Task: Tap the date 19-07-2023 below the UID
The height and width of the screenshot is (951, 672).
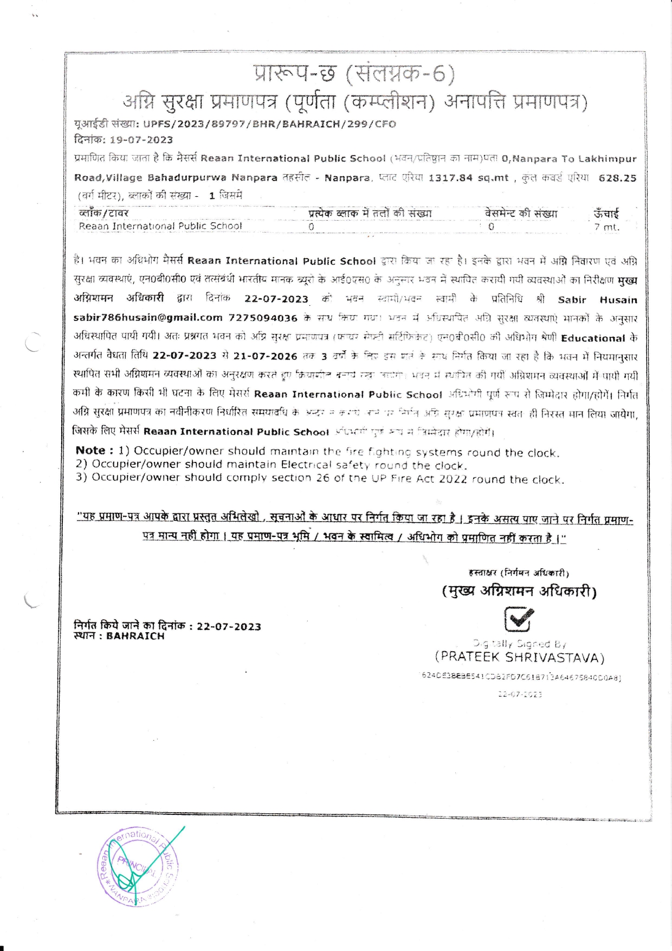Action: [x=141, y=140]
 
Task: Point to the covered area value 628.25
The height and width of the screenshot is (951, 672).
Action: [x=617, y=178]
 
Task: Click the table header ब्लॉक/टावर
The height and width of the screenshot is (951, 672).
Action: [x=104, y=213]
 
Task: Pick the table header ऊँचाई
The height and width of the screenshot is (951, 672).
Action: [x=606, y=214]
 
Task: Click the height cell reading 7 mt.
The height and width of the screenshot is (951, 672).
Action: [x=606, y=227]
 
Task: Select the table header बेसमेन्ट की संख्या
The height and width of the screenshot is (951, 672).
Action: [x=521, y=213]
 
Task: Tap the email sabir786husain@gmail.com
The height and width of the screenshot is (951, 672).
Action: [x=148, y=318]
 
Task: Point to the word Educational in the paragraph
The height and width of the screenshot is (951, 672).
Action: [x=593, y=338]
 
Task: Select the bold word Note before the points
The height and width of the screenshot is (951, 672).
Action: [x=91, y=451]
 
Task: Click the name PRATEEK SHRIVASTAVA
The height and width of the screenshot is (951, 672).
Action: [x=519, y=658]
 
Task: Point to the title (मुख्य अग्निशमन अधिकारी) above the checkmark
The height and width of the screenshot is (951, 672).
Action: [x=519, y=591]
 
